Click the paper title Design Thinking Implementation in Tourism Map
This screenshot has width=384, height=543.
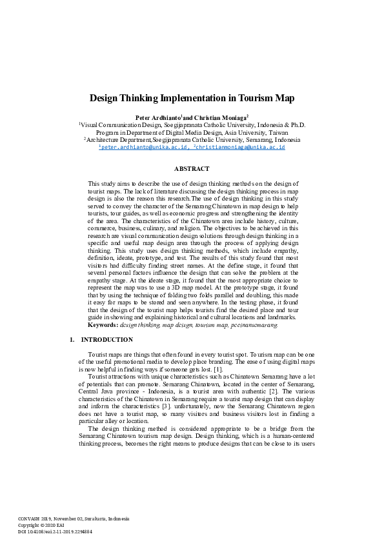(x=192, y=99)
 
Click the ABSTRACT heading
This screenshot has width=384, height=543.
(x=192, y=168)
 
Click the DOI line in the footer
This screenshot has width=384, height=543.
(x=55, y=532)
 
